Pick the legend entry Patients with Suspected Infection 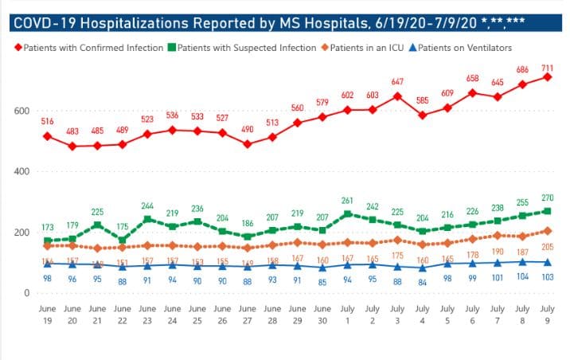246,48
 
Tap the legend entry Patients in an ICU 371,48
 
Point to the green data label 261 346,200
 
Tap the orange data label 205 549,246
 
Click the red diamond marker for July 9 549,76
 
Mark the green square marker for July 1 346,214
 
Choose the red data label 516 48,121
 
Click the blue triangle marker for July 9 549,262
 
